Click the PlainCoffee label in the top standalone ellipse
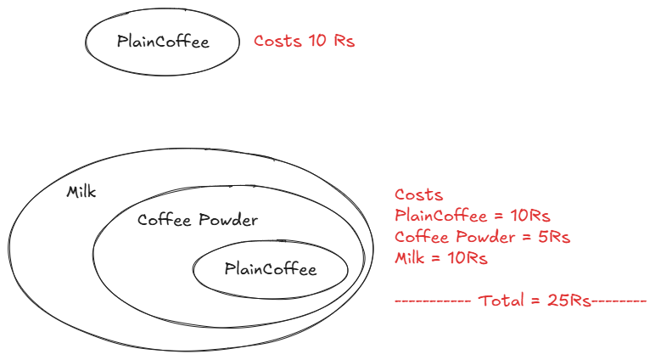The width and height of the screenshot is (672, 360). pos(163,42)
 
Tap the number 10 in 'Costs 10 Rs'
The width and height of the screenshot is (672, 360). pos(317,41)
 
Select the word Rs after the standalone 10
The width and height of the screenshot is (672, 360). pos(344,41)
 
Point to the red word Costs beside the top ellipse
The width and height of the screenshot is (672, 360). pos(277,41)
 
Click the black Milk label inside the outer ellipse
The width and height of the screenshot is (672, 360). pos(81,191)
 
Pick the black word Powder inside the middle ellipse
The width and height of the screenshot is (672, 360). pos(227,220)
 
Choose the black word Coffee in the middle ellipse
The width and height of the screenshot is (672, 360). pos(164,220)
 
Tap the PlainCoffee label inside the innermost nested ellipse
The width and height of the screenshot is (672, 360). pos(271,269)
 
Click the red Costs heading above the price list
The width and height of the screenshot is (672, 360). pos(418,194)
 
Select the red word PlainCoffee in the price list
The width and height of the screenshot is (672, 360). pos(440,216)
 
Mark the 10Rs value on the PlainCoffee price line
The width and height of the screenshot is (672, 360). pos(529,216)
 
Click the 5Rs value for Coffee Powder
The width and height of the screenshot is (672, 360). pos(554,236)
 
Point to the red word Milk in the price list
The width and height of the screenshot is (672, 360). pos(409,258)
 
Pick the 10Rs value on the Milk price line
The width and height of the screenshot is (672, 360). pos(468,258)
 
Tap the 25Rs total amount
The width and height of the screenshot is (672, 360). pos(569,300)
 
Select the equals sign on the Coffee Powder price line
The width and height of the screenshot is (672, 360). pos(526,237)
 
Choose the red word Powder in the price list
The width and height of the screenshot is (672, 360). pos(484,236)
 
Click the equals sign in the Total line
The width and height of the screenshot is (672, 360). pos(535,301)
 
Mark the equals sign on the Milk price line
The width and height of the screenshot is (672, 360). pos(435,258)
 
